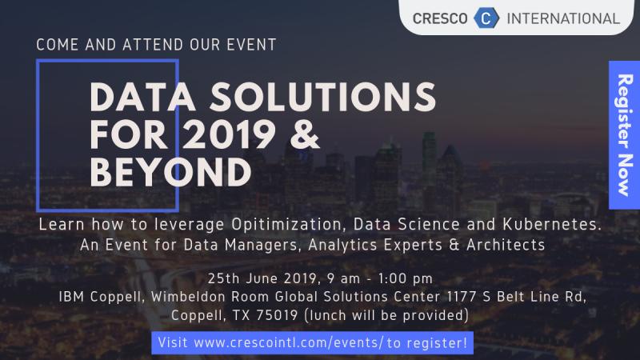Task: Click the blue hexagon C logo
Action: [486, 18]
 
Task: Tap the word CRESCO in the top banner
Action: [440, 18]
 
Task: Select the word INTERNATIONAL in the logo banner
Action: [563, 18]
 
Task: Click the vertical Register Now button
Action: [625, 134]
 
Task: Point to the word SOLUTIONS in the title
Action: [323, 97]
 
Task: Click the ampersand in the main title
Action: [305, 134]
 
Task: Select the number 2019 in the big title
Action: [229, 134]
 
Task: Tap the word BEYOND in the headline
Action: [170, 172]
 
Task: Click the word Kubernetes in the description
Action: [552, 224]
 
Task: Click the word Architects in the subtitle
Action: [506, 245]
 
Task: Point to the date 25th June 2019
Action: [263, 278]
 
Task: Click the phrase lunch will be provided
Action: [386, 315]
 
